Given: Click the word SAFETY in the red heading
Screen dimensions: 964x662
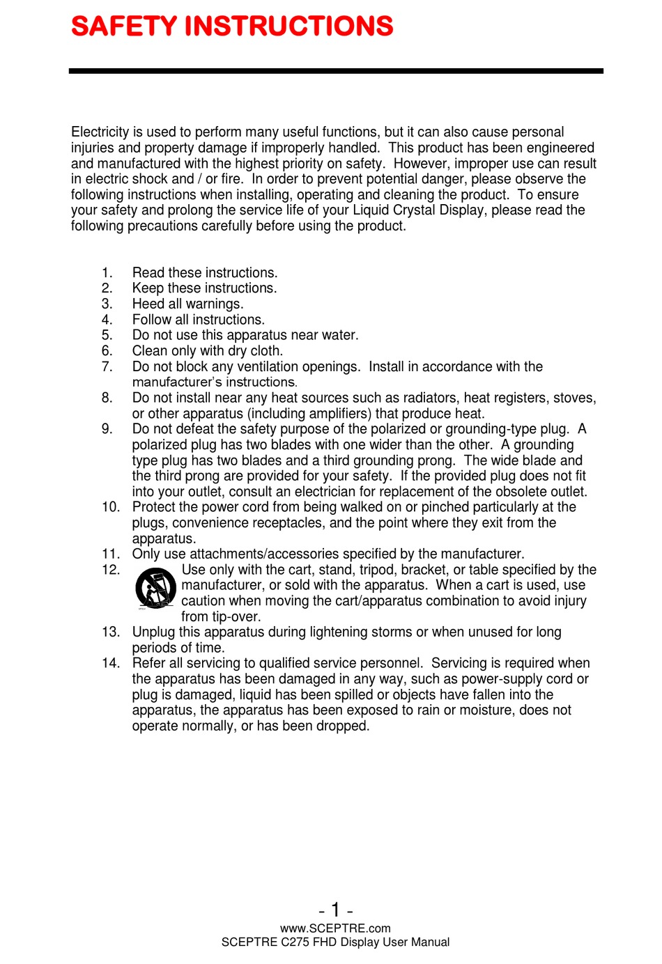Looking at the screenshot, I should click(124, 26).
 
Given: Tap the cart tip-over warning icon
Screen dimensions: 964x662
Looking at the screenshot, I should click(155, 589).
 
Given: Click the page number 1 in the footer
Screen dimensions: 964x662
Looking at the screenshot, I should click(335, 910).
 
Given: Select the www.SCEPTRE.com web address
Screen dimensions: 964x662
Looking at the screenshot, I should click(335, 928).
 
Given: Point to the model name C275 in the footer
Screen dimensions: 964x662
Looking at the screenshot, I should click(295, 942).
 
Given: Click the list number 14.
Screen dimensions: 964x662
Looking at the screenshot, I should click(110, 663).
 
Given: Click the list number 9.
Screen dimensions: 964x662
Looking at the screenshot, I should click(107, 429).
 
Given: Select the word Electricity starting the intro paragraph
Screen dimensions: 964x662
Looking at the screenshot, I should click(100, 132).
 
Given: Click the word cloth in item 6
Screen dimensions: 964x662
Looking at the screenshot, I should click(265, 351).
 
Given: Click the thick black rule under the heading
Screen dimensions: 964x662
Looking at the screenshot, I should click(335, 71).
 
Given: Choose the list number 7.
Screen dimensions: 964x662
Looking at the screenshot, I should click(107, 366).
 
